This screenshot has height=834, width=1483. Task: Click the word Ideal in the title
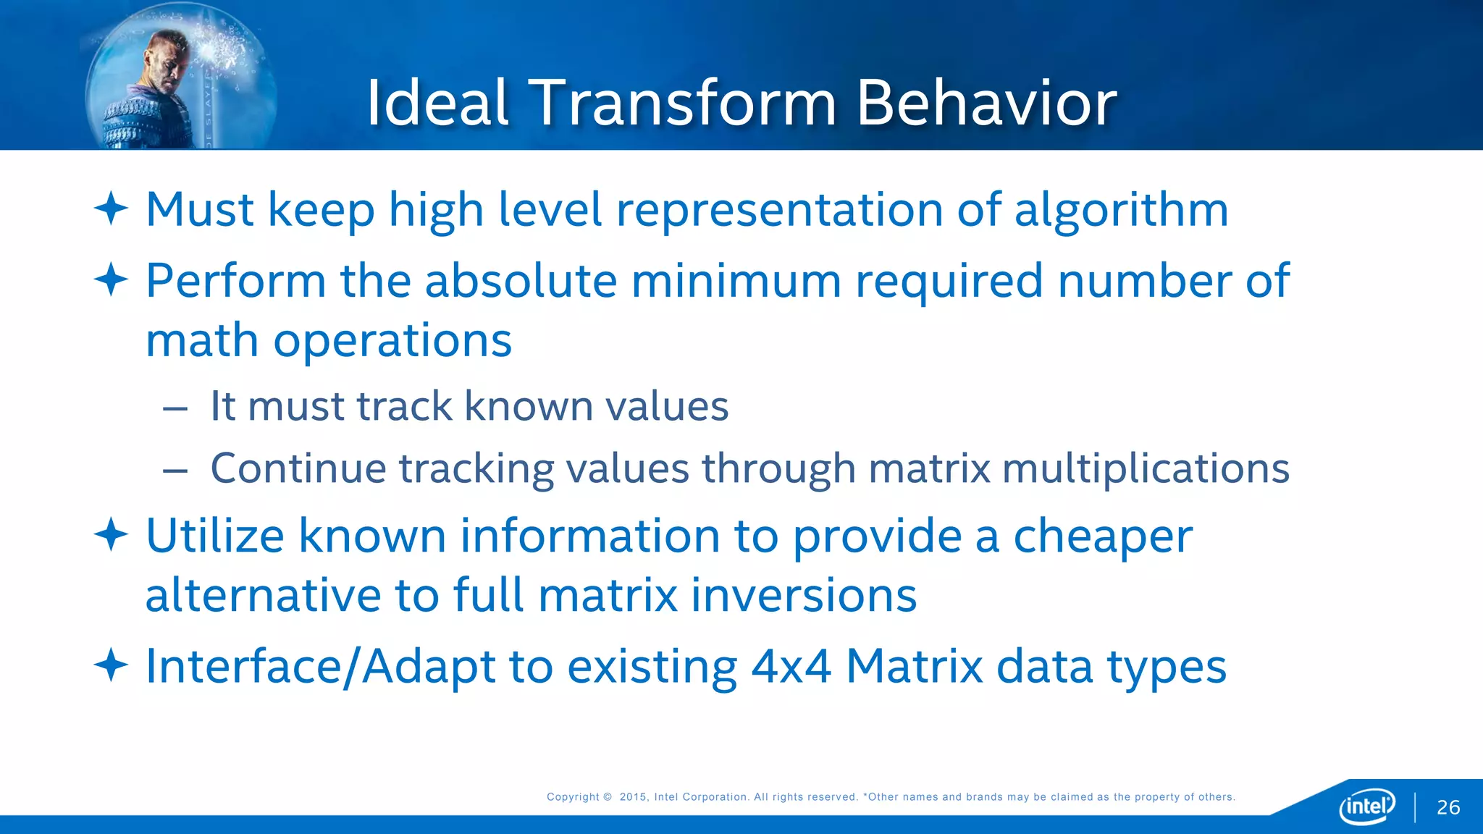click(437, 103)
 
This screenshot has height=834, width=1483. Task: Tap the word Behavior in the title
click(986, 103)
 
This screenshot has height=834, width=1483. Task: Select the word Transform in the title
click(683, 103)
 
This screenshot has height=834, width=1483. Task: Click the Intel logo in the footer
click(1367, 806)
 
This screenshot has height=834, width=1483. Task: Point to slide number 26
click(1448, 807)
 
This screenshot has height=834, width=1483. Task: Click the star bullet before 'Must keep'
click(111, 208)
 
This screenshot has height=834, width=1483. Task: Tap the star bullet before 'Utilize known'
click(111, 535)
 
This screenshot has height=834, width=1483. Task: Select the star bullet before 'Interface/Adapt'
click(111, 665)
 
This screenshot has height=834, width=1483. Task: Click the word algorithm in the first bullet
click(1120, 210)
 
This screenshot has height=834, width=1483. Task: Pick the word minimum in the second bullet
click(736, 280)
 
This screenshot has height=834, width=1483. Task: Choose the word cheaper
click(1102, 537)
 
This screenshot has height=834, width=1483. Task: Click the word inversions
click(803, 595)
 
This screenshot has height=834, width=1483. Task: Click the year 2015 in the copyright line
click(633, 797)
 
